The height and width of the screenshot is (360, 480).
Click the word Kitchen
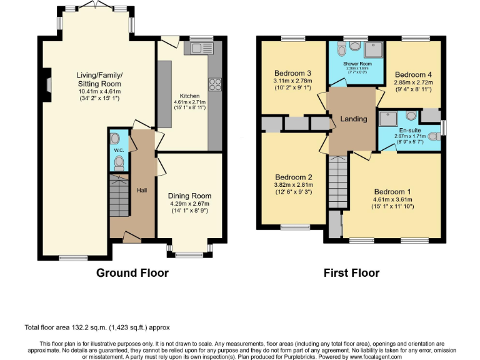click(189, 96)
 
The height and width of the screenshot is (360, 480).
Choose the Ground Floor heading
click(132, 273)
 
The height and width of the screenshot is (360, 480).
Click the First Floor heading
click(351, 273)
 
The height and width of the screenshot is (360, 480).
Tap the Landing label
click(353, 119)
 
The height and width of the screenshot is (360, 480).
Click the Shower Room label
click(352, 64)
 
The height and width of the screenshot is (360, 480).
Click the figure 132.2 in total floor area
click(82, 327)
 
